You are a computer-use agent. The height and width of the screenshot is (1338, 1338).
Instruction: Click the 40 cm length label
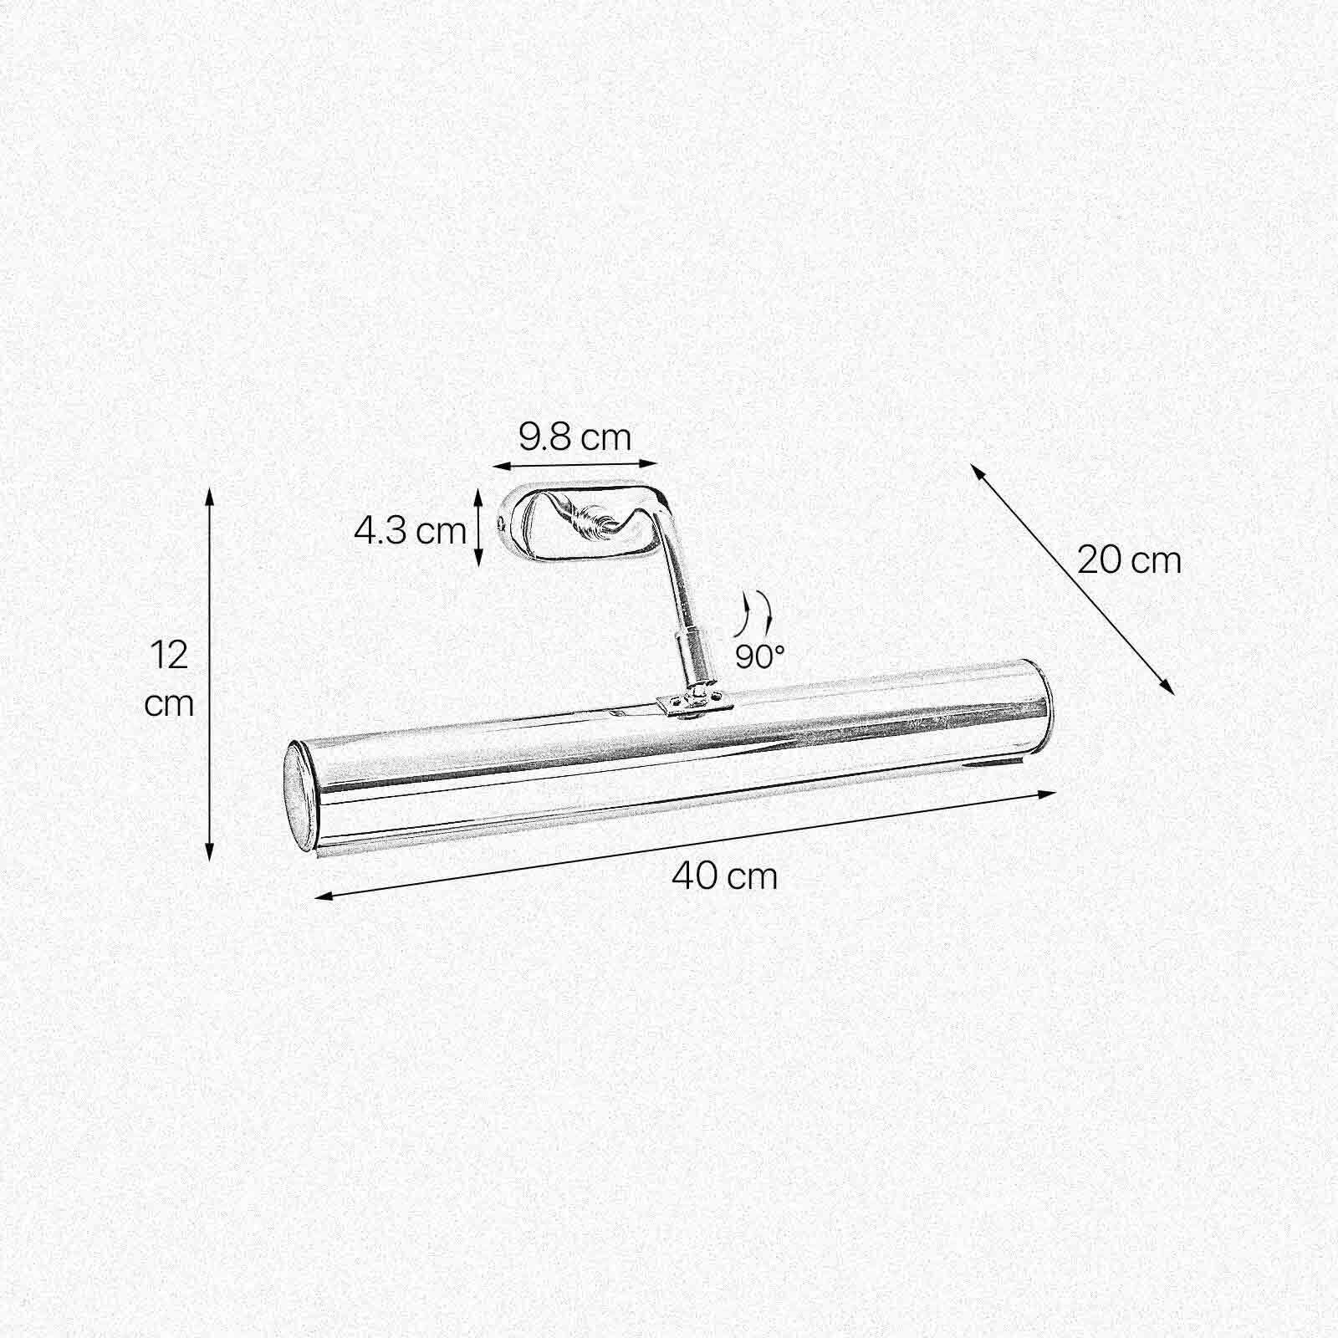click(x=724, y=876)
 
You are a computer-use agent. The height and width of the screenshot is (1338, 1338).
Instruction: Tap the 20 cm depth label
click(x=1128, y=560)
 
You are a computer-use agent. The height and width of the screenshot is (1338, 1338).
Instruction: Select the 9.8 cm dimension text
click(x=575, y=437)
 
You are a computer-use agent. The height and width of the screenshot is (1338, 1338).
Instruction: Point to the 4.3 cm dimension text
click(x=410, y=530)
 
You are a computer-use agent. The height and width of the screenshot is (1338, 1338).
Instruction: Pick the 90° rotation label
click(x=759, y=656)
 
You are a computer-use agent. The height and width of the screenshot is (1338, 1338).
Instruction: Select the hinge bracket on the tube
click(x=693, y=702)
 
